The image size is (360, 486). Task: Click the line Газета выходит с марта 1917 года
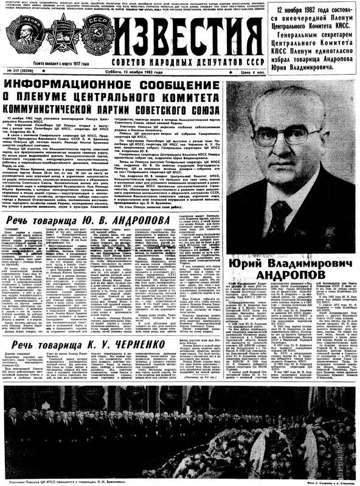(x=61, y=63)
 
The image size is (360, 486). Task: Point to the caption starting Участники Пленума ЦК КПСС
(x=55, y=481)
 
